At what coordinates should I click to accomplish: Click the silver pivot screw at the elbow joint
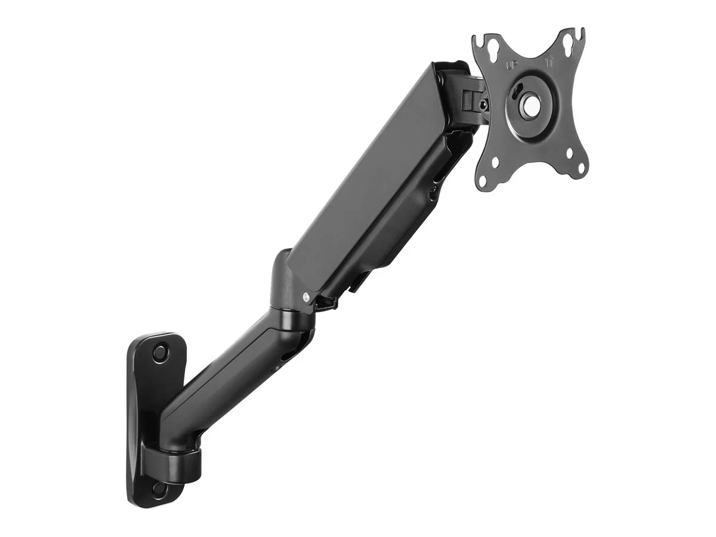(x=306, y=297)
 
